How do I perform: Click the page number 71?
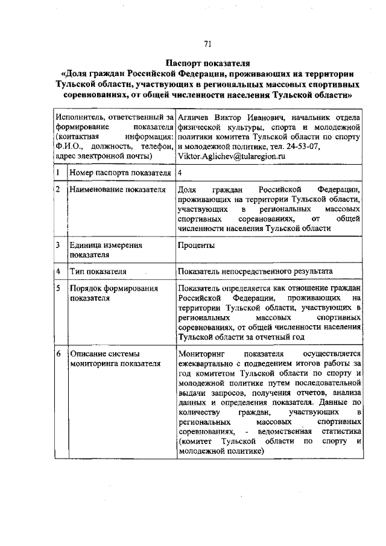click(x=207, y=43)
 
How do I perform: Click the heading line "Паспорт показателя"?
click(x=207, y=63)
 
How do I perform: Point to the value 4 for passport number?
click(x=180, y=174)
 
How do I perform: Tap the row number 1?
click(x=58, y=174)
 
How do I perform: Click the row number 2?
click(x=58, y=190)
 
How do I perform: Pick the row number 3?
click(x=58, y=246)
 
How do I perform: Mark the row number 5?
click(x=58, y=288)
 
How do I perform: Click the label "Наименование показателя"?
click(x=117, y=190)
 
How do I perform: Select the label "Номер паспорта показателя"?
click(x=121, y=174)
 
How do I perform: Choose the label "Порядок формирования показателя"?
click(x=113, y=293)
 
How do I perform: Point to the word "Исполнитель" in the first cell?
click(x=78, y=117)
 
